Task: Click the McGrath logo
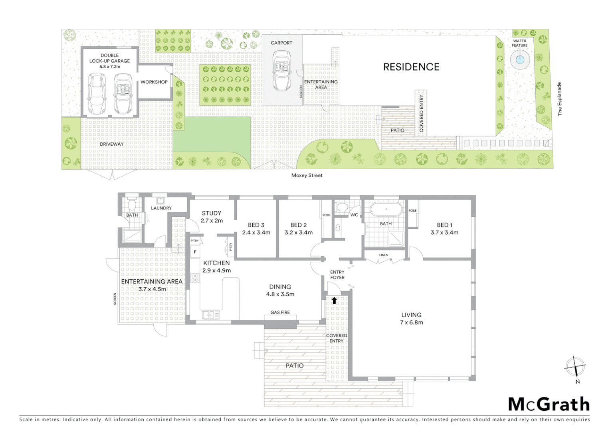[549, 404]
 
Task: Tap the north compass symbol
[575, 366]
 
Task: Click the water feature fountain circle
[519, 60]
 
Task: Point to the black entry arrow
[334, 301]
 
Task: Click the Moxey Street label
[307, 175]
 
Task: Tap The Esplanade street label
[559, 99]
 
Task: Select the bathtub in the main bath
[386, 210]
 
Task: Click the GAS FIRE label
[280, 312]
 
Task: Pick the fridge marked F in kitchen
[195, 252]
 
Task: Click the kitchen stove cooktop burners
[195, 278]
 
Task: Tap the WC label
[354, 215]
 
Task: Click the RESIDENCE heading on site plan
[411, 67]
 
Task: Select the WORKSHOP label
[154, 82]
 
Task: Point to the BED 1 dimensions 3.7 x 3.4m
[444, 232]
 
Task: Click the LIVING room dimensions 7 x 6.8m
[411, 322]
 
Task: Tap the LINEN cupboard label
[384, 255]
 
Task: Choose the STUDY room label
[211, 213]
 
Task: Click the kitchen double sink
[211, 315]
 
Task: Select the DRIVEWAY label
[111, 144]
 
